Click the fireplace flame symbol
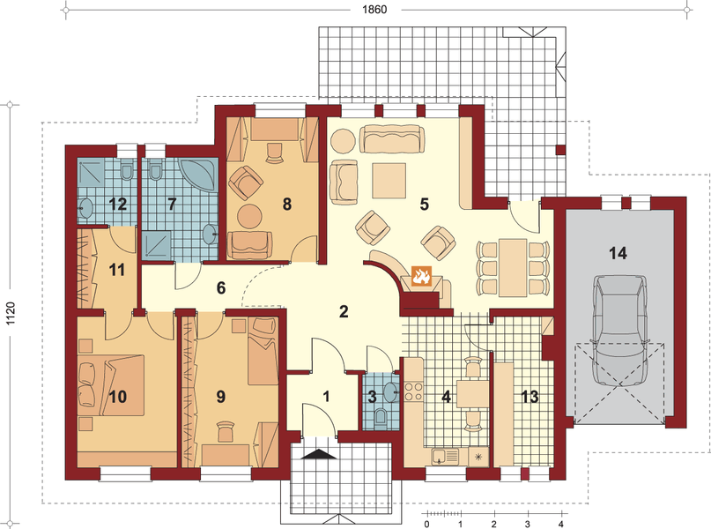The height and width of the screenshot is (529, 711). pyautogui.click(x=421, y=276)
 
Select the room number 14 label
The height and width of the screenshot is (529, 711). pyautogui.click(x=618, y=253)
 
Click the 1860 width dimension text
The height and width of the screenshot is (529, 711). pyautogui.click(x=374, y=10)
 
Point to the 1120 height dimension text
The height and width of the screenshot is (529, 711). pyautogui.click(x=11, y=314)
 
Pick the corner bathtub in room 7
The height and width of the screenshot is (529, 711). pyautogui.click(x=199, y=175)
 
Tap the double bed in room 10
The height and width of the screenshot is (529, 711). pyautogui.click(x=111, y=385)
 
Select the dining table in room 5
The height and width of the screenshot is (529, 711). pyautogui.click(x=513, y=268)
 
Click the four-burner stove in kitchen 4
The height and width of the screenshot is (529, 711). pyautogui.click(x=413, y=391)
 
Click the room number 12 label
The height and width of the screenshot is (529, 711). pyautogui.click(x=118, y=205)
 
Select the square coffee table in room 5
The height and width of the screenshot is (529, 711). pyautogui.click(x=389, y=181)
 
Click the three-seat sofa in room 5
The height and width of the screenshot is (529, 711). pyautogui.click(x=392, y=139)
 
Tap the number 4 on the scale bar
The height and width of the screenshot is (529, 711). pyautogui.click(x=561, y=524)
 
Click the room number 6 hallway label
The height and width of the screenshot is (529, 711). pyautogui.click(x=221, y=288)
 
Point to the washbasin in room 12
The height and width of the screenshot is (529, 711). pyautogui.click(x=85, y=208)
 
